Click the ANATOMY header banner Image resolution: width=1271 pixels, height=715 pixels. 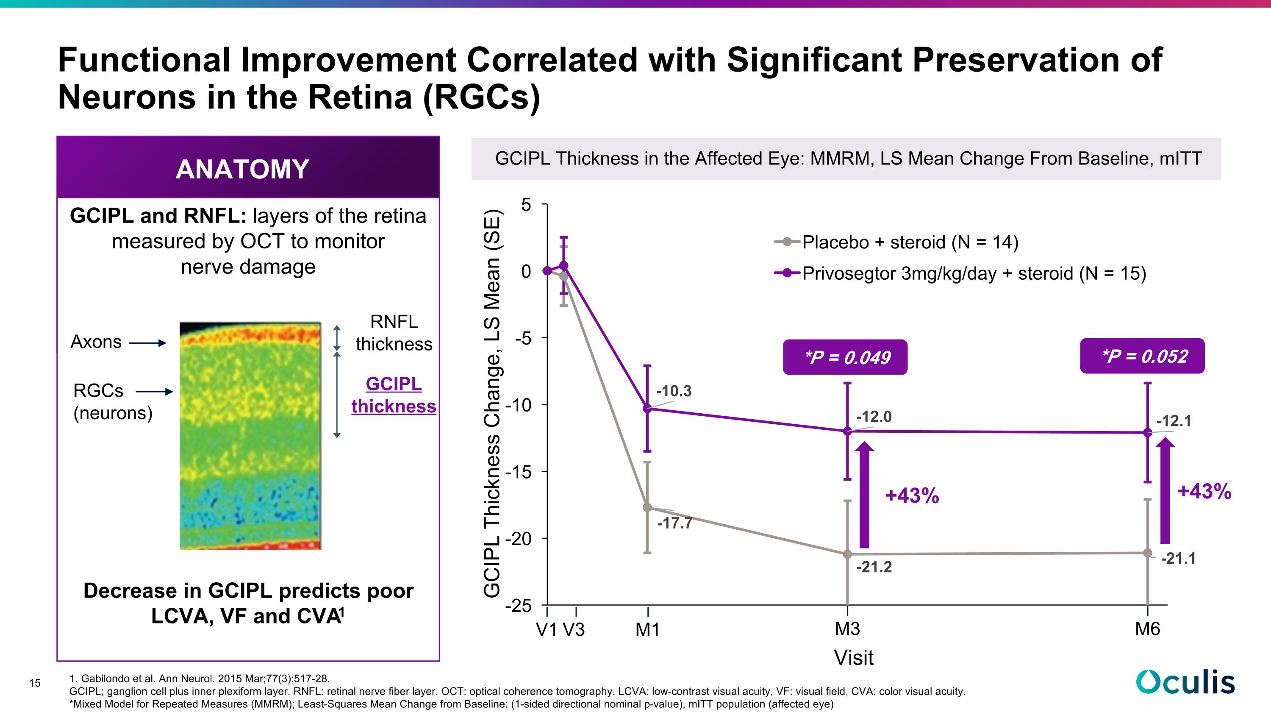248,167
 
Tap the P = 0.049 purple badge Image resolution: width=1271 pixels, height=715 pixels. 845,357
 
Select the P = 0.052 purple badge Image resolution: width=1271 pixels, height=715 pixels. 1142,356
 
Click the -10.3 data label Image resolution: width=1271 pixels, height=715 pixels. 674,391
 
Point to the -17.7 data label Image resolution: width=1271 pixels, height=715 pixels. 675,523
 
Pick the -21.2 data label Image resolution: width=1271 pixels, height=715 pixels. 874,567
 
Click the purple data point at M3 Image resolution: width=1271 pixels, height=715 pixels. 848,431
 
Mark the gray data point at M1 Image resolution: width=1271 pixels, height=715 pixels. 648,507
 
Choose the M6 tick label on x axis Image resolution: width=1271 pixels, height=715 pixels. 1148,629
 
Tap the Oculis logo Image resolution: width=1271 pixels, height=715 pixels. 1186,682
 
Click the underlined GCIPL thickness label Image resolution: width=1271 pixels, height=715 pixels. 394,395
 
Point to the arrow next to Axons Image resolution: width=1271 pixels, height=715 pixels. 147,343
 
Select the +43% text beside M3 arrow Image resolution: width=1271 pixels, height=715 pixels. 912,495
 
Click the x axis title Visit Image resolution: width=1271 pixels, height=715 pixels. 854,657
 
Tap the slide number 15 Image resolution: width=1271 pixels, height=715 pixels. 35,683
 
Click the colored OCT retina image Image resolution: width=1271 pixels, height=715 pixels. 250,435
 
